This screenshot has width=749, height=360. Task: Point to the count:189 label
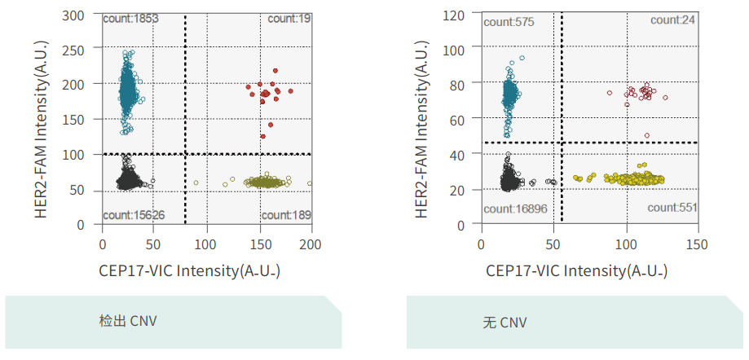285,215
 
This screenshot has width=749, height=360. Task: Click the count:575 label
509,22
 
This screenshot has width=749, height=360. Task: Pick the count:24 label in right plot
673,20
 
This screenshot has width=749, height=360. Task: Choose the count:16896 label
514,209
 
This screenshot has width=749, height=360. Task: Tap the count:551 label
672,208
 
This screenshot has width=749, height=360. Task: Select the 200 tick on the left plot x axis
311,243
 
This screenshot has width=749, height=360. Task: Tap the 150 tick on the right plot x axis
698,243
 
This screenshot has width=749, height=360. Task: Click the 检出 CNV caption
128,321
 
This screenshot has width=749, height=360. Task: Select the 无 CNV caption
504,323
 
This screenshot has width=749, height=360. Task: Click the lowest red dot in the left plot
263,136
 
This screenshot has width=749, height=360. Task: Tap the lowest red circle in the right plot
647,136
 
